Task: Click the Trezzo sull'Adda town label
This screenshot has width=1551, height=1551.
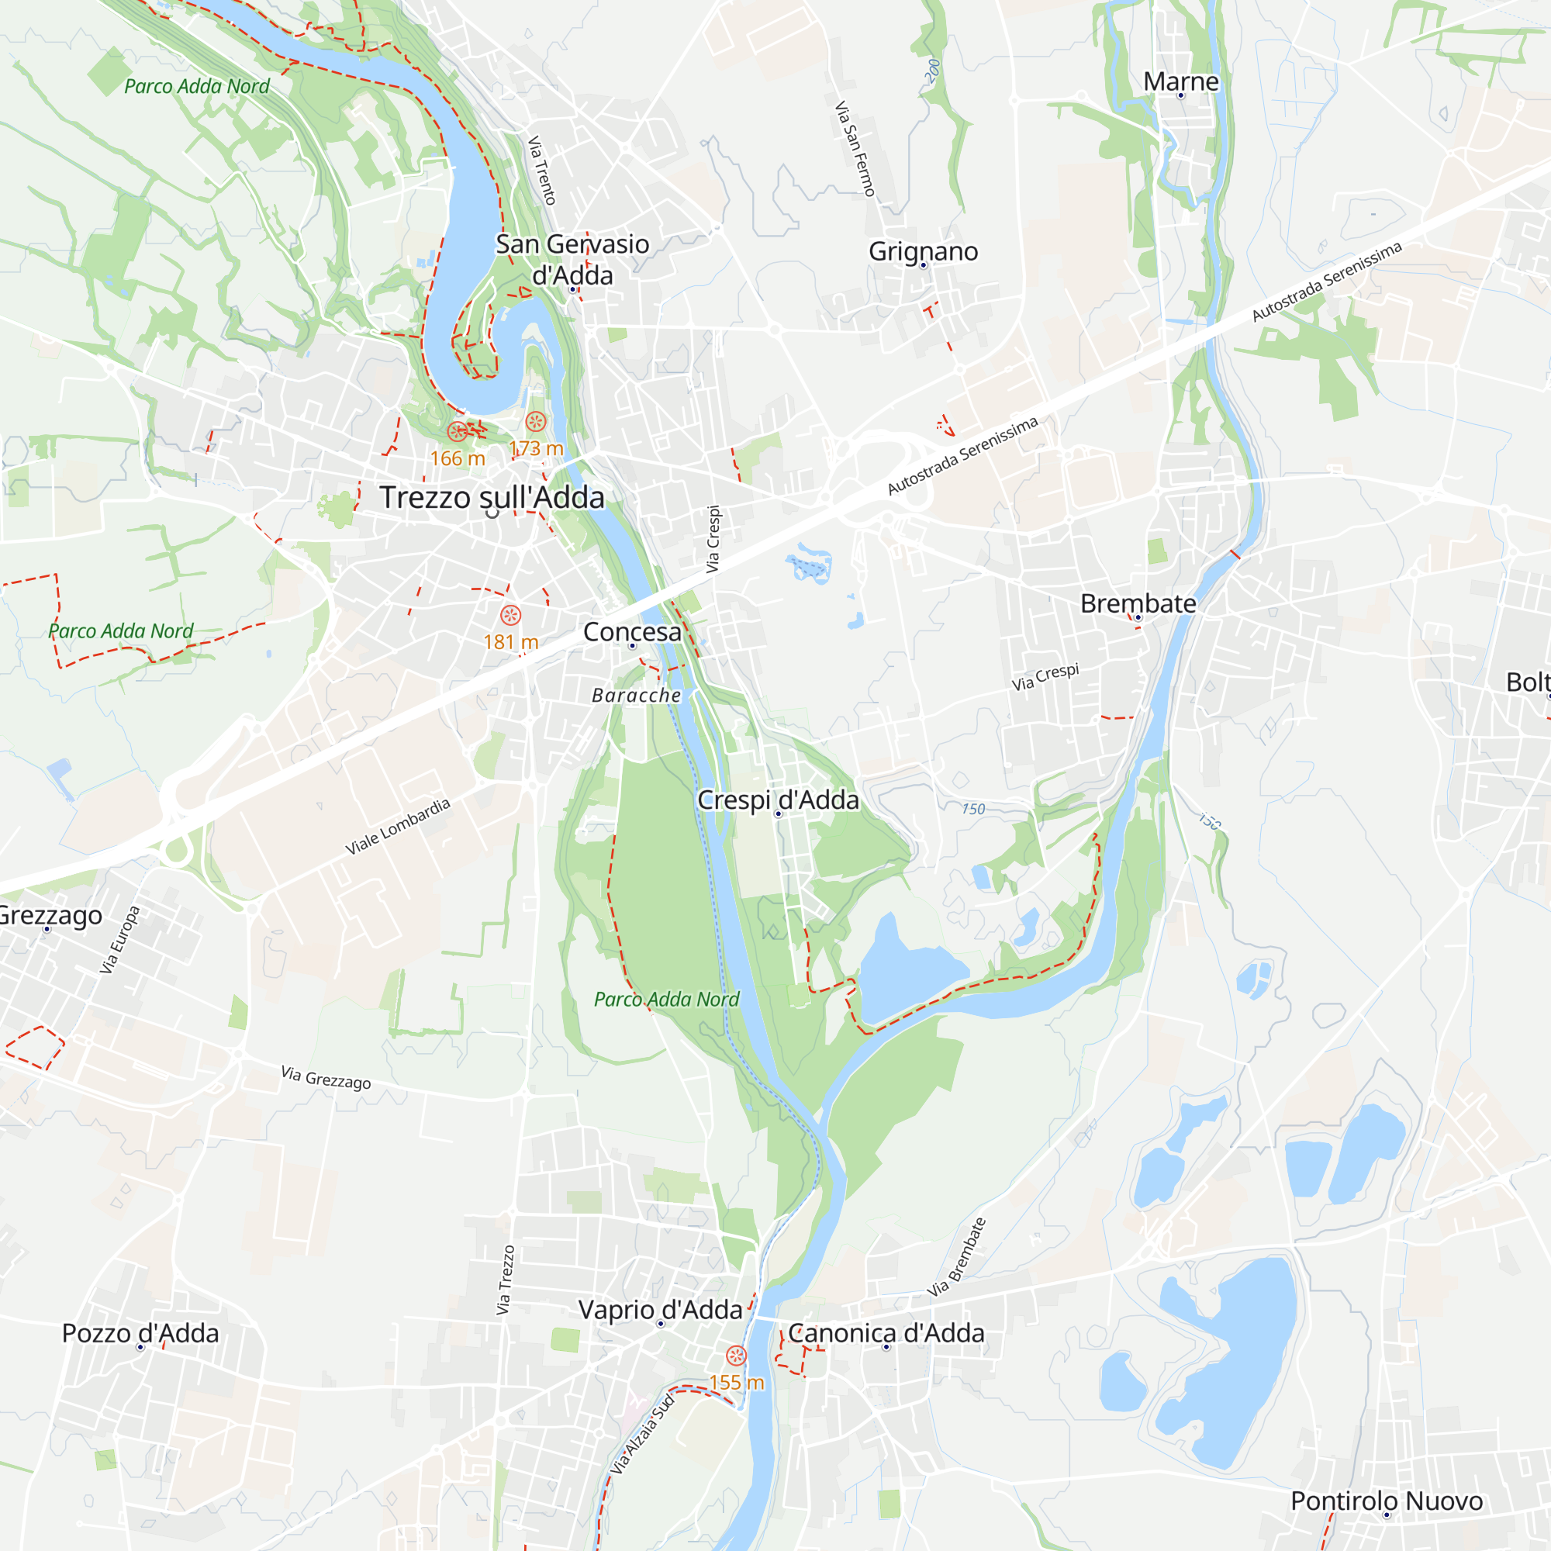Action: (492, 498)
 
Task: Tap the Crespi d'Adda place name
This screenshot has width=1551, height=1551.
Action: (778, 800)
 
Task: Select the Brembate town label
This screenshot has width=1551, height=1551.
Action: (1138, 603)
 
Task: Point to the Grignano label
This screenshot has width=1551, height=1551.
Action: (923, 251)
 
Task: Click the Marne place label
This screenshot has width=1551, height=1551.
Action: (1181, 82)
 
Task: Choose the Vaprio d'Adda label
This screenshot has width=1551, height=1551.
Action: (660, 1310)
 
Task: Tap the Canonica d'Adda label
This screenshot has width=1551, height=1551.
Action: (886, 1333)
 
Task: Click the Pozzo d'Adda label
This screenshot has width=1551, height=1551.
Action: (140, 1333)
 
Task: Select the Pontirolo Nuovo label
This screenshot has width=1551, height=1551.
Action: (1387, 1501)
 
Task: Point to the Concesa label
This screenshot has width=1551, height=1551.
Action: (632, 633)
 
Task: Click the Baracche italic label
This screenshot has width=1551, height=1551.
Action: (636, 695)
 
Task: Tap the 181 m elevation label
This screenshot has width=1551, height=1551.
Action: (510, 642)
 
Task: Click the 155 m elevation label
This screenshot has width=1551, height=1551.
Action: (736, 1383)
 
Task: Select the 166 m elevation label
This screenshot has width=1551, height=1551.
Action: (458, 458)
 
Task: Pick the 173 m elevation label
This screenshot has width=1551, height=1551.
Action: (537, 449)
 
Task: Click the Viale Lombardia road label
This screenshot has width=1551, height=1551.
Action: (397, 827)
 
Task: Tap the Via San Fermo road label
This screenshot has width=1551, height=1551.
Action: (854, 149)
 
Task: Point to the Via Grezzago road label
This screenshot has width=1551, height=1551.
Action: (326, 1078)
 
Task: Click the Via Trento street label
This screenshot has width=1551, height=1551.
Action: (542, 170)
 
